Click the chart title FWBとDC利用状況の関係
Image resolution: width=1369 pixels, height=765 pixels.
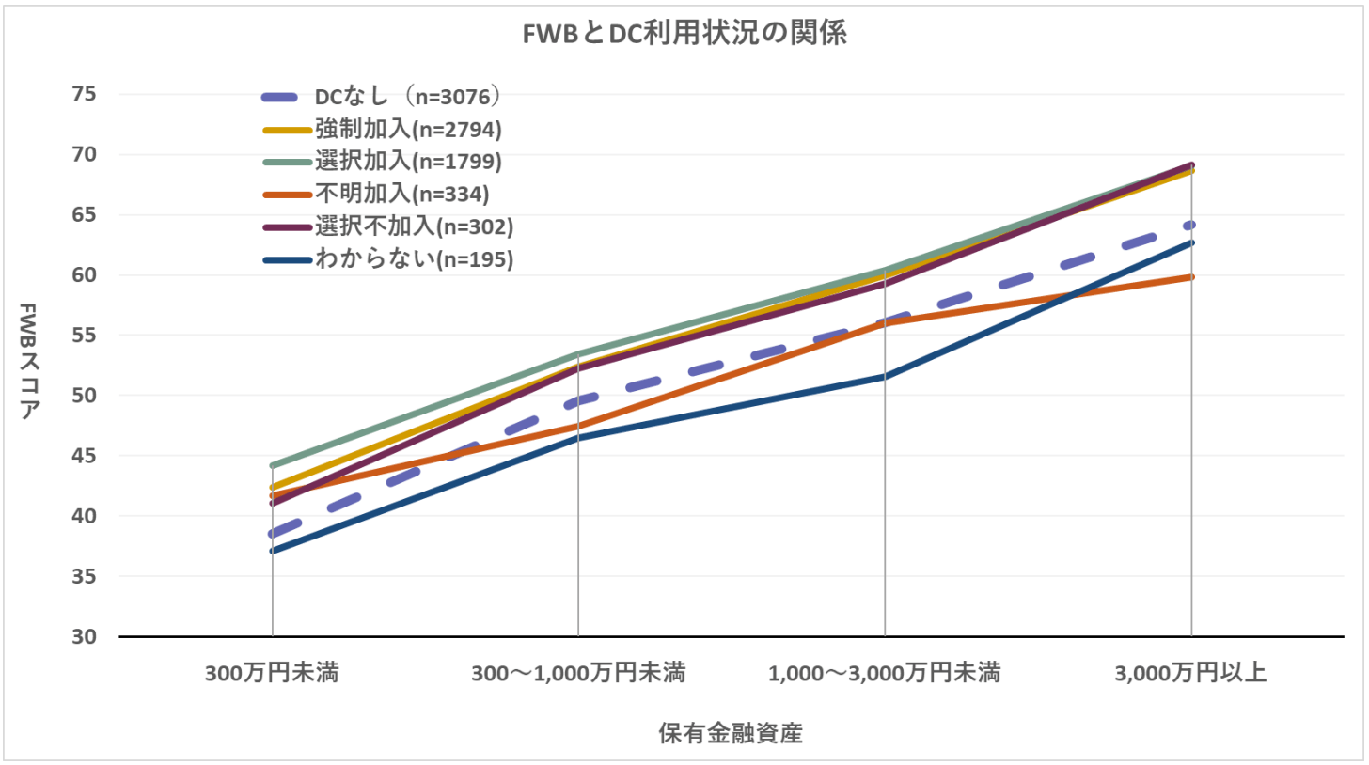pyautogui.click(x=684, y=35)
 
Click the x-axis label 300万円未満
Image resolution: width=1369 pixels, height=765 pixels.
pyautogui.click(x=273, y=673)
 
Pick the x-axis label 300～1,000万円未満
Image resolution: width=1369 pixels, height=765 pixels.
pyautogui.click(x=578, y=673)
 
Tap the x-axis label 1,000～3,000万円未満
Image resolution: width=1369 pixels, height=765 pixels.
pyautogui.click(x=884, y=673)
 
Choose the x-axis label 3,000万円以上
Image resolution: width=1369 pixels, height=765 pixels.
pyautogui.click(x=1191, y=673)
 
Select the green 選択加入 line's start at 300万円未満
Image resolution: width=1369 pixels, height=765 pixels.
pyautogui.click(x=273, y=465)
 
